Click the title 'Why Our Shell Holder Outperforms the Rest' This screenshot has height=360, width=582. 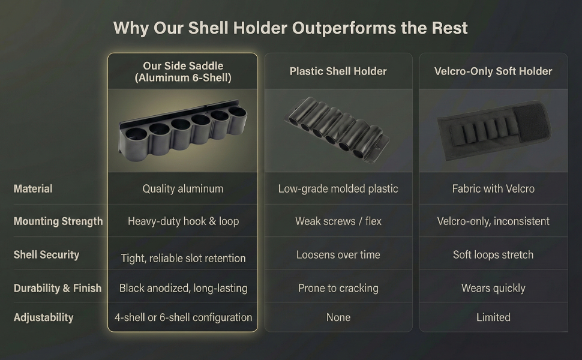pyautogui.click(x=290, y=28)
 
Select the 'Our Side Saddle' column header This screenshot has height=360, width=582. pyautogui.click(x=182, y=71)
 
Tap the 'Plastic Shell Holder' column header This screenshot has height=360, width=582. pyautogui.click(x=338, y=71)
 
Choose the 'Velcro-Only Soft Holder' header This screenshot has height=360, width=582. pyautogui.click(x=493, y=71)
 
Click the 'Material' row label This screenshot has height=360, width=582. pyautogui.click(x=33, y=188)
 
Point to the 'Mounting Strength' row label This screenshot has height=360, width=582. pyautogui.click(x=58, y=221)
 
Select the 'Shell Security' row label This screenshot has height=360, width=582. pyautogui.click(x=46, y=254)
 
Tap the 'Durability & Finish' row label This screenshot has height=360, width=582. pyautogui.click(x=57, y=288)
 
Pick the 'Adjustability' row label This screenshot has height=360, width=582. pyautogui.click(x=43, y=317)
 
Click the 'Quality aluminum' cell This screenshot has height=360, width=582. pyautogui.click(x=182, y=188)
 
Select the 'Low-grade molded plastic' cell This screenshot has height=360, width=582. pyautogui.click(x=338, y=188)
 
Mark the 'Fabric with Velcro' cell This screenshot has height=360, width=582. pyautogui.click(x=493, y=188)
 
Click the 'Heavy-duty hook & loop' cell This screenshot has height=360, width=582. pyautogui.click(x=182, y=221)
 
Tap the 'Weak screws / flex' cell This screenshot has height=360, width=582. pyautogui.click(x=338, y=221)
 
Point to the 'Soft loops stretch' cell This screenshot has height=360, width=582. pyautogui.click(x=493, y=254)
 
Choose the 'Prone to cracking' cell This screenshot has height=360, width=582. pyautogui.click(x=338, y=288)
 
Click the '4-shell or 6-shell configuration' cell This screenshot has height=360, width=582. pyautogui.click(x=182, y=317)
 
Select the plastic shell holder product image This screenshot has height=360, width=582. pyautogui.click(x=336, y=128)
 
